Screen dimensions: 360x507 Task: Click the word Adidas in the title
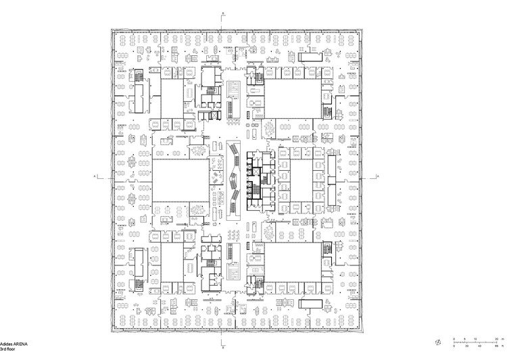point(7,344)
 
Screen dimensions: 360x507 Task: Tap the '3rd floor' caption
point(9,350)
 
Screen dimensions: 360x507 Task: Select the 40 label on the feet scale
point(479,346)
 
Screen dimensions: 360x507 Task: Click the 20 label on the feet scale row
point(466,346)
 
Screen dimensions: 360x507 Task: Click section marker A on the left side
point(95,176)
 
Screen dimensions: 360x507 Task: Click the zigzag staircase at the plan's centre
point(234,177)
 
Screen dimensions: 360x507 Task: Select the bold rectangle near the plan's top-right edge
point(312,57)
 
